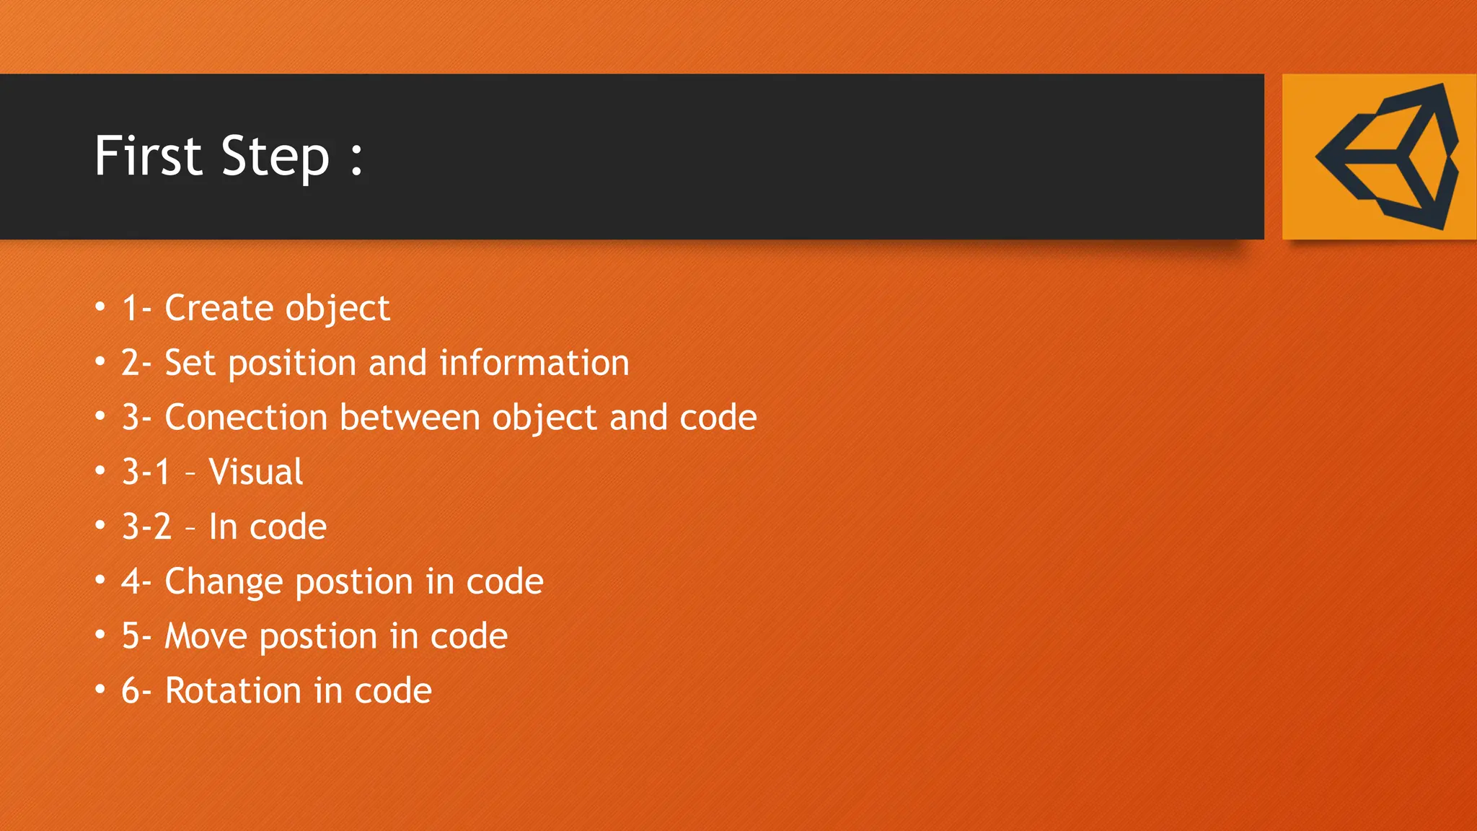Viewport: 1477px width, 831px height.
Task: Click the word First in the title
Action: point(149,156)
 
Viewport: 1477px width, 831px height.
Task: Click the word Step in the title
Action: point(275,157)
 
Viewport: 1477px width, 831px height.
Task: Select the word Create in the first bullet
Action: point(219,308)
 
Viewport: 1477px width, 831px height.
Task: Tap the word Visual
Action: point(255,472)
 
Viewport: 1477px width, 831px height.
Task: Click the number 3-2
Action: point(146,527)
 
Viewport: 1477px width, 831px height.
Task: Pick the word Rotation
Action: point(232,691)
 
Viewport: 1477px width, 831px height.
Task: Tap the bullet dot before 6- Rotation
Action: point(100,690)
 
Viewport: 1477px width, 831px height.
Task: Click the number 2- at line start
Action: point(136,363)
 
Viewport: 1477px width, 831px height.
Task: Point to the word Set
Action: point(190,363)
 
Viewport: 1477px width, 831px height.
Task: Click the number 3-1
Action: point(146,472)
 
